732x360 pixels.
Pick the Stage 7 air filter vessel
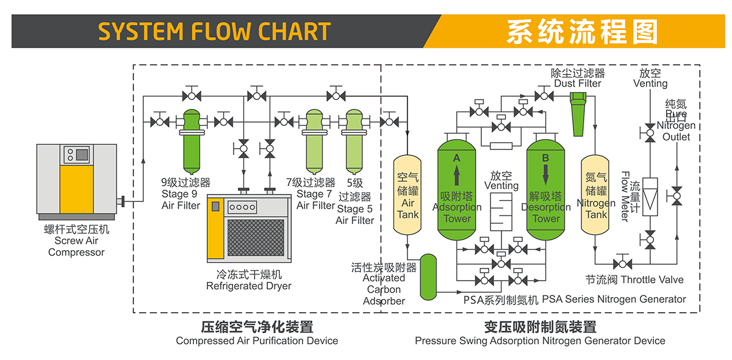[314, 141]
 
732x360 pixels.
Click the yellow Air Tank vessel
[408, 195]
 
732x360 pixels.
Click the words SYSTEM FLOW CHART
[214, 32]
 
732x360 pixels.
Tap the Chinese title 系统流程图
[582, 32]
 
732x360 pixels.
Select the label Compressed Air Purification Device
[257, 340]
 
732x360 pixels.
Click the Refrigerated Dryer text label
[249, 286]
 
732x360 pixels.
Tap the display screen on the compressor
[81, 155]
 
